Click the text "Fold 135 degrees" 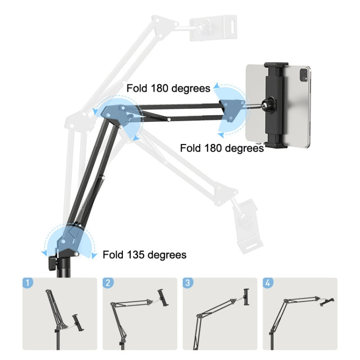click(144, 254)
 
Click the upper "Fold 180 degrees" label click(168, 88)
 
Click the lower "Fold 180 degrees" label click(222, 148)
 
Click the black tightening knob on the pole click(52, 262)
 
